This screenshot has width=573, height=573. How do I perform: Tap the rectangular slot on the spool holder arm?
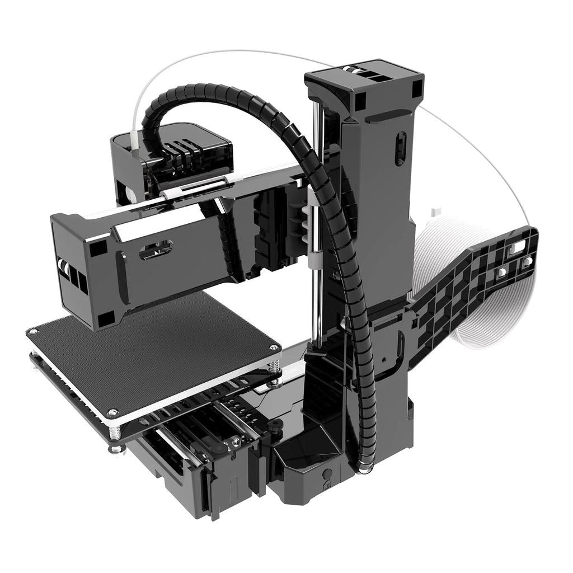tap(518, 246)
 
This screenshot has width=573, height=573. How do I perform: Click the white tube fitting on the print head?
tap(135, 140)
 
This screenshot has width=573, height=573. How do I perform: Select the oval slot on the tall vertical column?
tap(400, 148)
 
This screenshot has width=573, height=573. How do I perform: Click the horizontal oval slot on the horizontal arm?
tap(156, 250)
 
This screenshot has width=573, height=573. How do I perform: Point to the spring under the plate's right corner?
tap(274, 367)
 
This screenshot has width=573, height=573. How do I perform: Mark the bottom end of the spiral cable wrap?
tap(364, 467)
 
